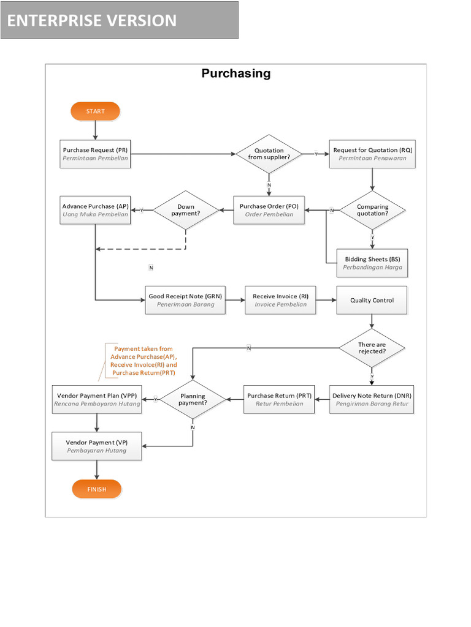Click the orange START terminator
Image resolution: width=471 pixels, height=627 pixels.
click(95, 111)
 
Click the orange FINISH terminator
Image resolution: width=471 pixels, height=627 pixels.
click(96, 489)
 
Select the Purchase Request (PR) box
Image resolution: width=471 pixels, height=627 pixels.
click(95, 154)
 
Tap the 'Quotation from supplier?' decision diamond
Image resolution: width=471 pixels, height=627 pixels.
click(269, 154)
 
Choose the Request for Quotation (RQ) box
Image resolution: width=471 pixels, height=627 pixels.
click(372, 154)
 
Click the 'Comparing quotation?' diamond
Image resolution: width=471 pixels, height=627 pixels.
click(372, 211)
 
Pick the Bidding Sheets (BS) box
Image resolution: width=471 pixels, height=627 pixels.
click(372, 263)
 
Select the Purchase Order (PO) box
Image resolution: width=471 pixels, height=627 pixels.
click(269, 210)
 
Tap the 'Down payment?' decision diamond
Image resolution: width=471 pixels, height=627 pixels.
click(186, 211)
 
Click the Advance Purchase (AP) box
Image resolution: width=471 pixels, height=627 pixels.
click(95, 210)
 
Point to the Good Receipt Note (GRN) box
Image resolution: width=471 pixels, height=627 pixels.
click(185, 300)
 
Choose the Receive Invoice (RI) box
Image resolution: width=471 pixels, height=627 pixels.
click(280, 300)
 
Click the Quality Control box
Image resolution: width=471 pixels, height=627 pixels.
click(372, 300)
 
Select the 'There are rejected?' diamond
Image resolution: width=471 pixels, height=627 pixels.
click(372, 348)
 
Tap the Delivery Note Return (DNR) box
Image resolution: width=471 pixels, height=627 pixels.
click(372, 399)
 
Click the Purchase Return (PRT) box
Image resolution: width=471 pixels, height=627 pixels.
click(279, 399)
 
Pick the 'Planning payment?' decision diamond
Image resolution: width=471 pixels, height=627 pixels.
click(193, 399)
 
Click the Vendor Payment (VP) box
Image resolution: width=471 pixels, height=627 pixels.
click(97, 446)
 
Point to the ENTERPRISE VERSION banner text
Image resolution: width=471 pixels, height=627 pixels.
click(92, 21)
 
